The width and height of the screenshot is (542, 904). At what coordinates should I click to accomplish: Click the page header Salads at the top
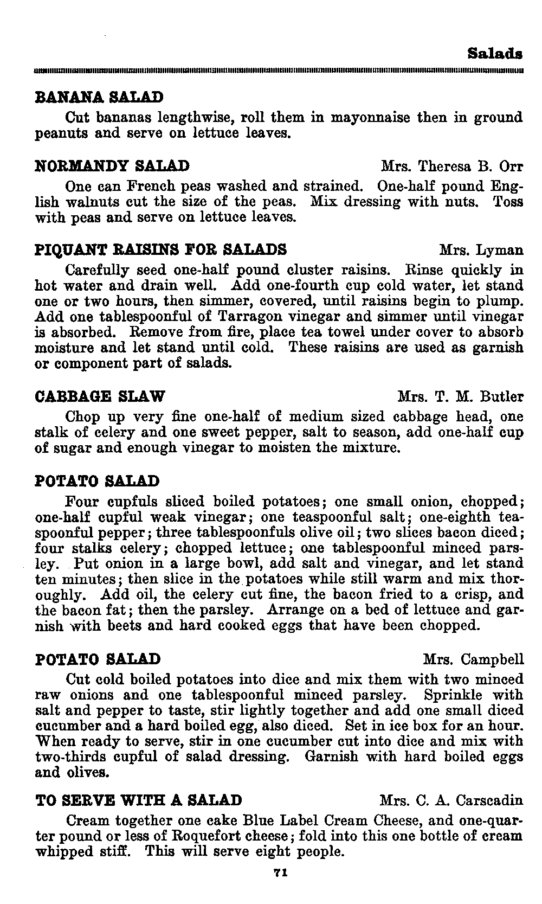(x=494, y=54)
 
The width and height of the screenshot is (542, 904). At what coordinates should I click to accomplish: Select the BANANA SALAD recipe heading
(x=99, y=98)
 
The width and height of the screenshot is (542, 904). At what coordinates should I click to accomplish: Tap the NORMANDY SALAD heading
(x=112, y=166)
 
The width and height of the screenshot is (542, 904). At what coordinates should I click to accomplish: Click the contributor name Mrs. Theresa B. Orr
(x=452, y=166)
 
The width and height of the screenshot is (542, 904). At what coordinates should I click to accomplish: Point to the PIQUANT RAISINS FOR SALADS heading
(x=160, y=249)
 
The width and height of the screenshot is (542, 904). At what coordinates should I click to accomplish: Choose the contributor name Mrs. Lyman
(x=481, y=250)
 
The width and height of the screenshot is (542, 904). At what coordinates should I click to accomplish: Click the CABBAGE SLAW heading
(x=100, y=396)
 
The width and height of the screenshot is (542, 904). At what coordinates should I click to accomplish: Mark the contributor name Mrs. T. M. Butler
(x=460, y=397)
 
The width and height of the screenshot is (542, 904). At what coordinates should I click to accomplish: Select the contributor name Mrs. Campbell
(x=473, y=659)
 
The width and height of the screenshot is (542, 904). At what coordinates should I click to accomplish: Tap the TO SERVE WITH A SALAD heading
(x=138, y=800)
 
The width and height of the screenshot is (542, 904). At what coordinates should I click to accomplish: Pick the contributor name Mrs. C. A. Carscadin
(x=451, y=800)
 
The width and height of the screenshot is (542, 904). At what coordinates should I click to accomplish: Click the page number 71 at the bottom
(x=280, y=873)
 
